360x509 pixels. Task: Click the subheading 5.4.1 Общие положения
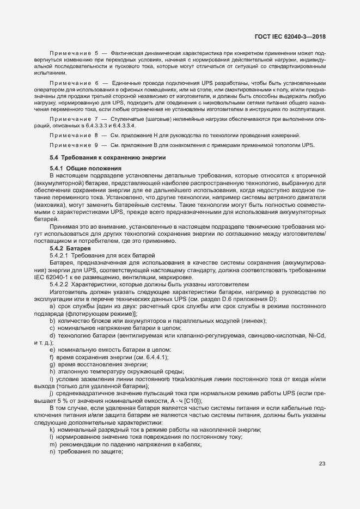85,168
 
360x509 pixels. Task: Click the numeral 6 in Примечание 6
96,83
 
